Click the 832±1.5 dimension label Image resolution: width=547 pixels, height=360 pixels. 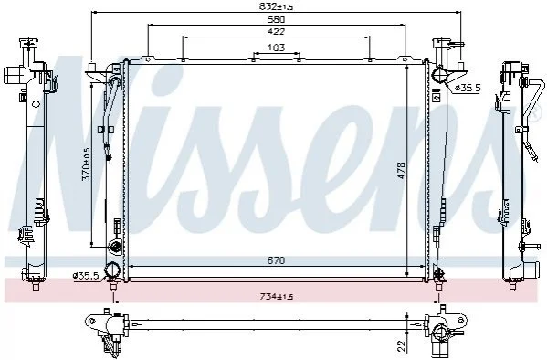(276, 6)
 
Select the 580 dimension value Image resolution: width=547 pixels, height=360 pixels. (277, 19)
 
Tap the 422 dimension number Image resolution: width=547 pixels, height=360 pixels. (277, 31)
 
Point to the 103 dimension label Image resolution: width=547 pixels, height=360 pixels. (277, 48)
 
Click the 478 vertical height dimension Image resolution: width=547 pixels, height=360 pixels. (401, 170)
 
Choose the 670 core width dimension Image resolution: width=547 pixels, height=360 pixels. (277, 260)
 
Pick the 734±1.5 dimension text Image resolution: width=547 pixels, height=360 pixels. (277, 297)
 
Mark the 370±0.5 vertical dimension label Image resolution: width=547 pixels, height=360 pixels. (86, 164)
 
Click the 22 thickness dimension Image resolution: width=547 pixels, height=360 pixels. (402, 345)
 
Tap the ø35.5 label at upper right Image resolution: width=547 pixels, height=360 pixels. (468, 88)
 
